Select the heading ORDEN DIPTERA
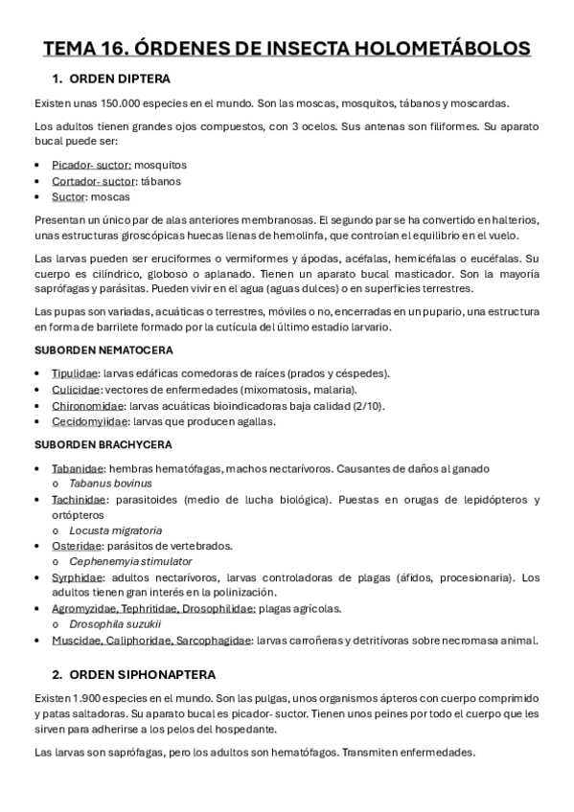click(124, 79)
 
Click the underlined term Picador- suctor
click(92, 165)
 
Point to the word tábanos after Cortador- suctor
click(160, 180)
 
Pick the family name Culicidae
click(77, 390)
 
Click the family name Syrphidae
click(78, 577)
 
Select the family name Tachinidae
click(79, 500)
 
